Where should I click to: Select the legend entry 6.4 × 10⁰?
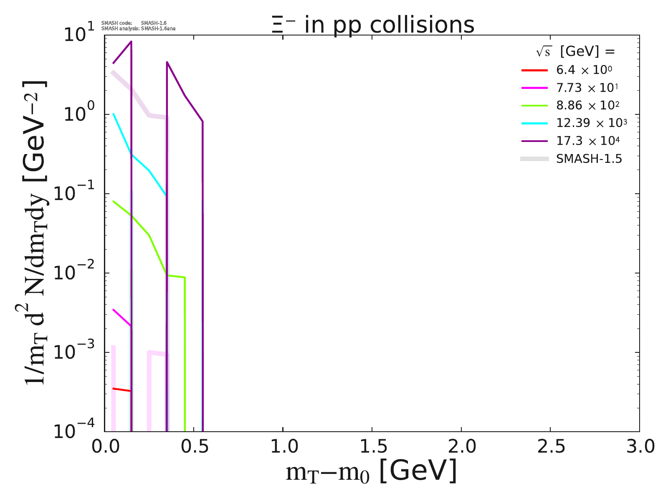[x=584, y=70]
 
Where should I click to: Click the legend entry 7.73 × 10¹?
[x=587, y=88]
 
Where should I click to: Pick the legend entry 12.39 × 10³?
[x=591, y=123]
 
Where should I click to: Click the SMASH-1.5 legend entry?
[x=589, y=159]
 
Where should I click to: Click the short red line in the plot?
[x=122, y=390]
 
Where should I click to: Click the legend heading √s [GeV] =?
[x=576, y=51]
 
